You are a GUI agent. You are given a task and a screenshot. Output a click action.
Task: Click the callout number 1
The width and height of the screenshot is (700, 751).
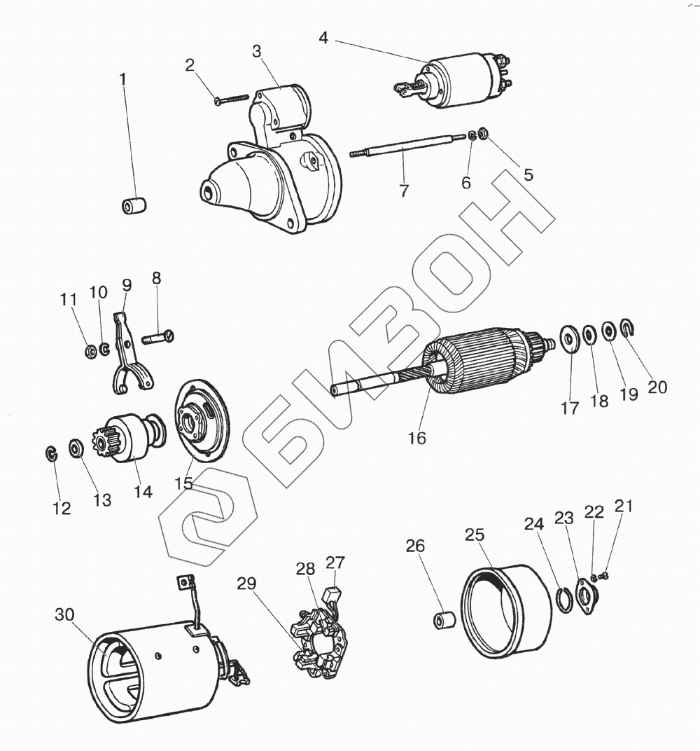click(123, 80)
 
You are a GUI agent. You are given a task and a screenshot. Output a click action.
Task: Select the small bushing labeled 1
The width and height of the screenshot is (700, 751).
click(133, 207)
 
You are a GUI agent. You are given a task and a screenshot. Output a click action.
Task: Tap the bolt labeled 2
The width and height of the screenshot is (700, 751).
click(232, 100)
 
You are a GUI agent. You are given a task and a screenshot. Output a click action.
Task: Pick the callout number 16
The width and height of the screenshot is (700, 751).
click(416, 438)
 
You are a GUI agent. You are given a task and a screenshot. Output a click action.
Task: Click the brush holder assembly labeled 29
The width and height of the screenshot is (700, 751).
click(319, 639)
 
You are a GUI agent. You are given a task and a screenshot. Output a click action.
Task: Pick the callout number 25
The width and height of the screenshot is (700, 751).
click(475, 535)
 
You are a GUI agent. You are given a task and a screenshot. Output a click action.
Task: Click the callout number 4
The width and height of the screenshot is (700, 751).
click(323, 38)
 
